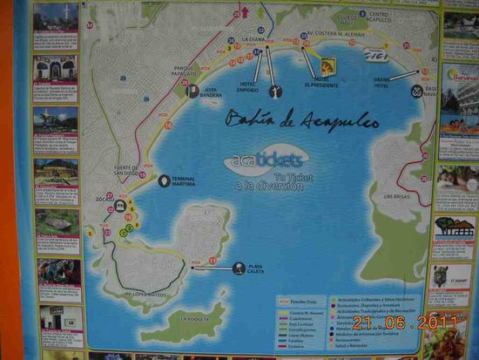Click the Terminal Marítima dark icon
click(164, 181)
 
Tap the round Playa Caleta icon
click(239, 268)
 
